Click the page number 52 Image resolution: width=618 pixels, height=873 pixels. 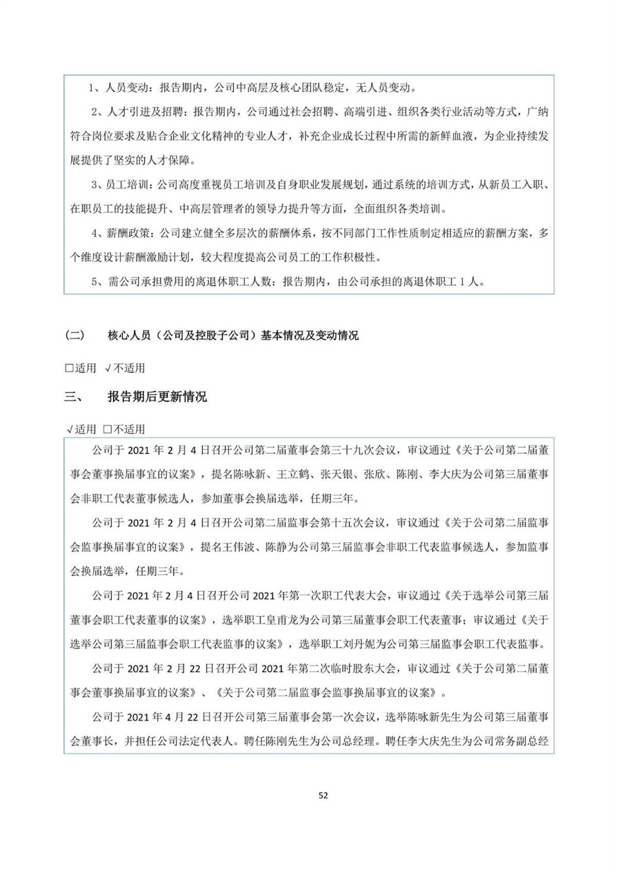323,795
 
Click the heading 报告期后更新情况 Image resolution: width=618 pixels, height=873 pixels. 157,397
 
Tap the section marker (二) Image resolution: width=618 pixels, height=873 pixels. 75,336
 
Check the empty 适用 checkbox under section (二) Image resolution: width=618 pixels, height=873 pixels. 69,369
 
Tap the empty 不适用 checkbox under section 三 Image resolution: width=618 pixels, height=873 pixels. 107,430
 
